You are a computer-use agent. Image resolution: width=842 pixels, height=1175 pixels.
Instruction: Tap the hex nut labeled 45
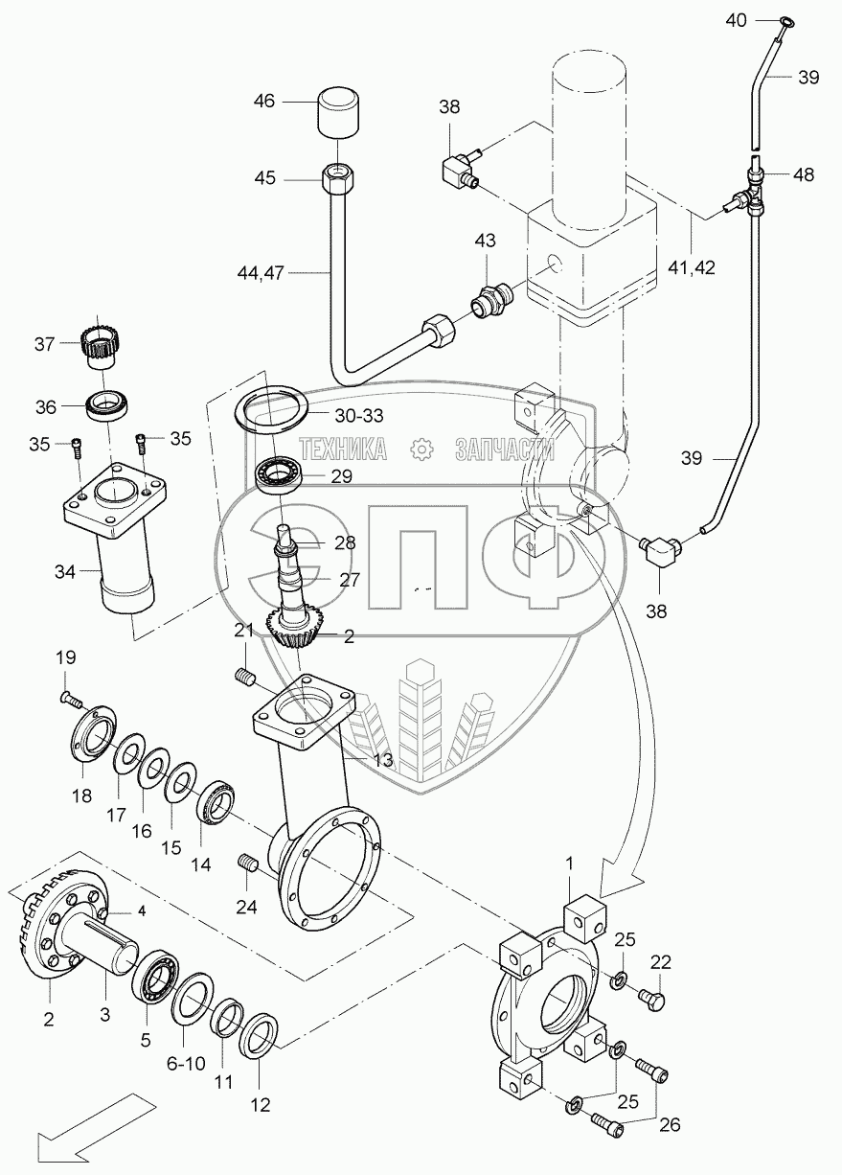click(x=337, y=179)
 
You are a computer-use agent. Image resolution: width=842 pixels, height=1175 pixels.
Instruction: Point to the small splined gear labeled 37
click(x=99, y=343)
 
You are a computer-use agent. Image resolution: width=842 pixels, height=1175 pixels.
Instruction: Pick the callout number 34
click(x=65, y=571)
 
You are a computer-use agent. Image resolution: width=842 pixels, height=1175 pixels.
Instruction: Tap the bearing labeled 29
click(x=279, y=474)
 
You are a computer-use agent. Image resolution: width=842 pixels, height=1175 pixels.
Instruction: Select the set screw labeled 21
click(x=244, y=676)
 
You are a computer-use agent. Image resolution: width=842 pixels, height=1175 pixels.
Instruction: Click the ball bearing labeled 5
click(x=155, y=969)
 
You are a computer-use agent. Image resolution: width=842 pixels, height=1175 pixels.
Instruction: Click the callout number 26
click(x=670, y=1124)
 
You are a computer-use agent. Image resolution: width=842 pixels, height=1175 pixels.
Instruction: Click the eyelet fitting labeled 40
click(x=786, y=22)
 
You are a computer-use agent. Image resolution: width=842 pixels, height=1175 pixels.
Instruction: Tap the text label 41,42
click(x=692, y=268)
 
